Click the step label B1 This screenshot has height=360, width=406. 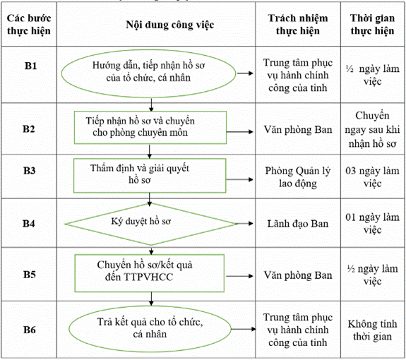coord(30,66)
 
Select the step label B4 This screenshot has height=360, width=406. coord(29,224)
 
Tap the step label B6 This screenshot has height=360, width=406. coord(30,330)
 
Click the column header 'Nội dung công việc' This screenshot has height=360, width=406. coord(170,25)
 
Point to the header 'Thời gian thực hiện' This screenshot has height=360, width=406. coord(372,24)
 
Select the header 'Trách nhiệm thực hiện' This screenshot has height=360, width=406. coord(298,24)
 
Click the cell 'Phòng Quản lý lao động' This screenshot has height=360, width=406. coord(298,177)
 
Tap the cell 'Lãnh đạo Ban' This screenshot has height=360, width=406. coord(298,224)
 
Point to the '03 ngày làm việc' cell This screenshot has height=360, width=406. coord(372,177)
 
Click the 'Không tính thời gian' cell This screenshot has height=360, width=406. coord(372,330)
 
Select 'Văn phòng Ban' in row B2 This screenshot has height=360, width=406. coord(298,129)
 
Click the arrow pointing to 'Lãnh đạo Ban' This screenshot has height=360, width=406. coord(244,223)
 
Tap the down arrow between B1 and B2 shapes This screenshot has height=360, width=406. coord(151,104)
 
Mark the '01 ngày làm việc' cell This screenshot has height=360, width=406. coord(372,223)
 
